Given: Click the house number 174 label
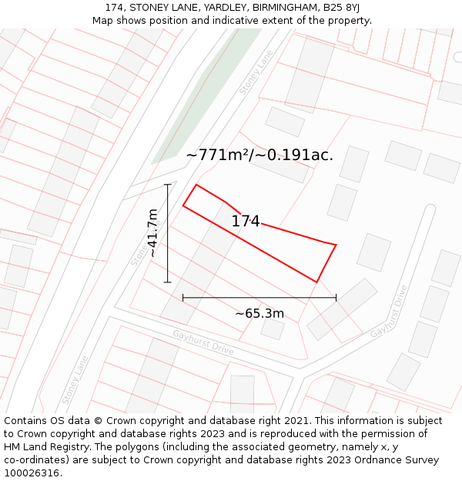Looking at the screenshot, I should pyautogui.click(x=246, y=222).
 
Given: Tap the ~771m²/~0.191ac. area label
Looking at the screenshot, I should pyautogui.click(x=259, y=155).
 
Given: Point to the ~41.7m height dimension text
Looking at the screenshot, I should pyautogui.click(x=152, y=232).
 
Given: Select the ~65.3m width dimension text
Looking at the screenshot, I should pyautogui.click(x=259, y=313).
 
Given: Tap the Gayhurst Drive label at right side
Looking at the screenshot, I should pyautogui.click(x=389, y=312).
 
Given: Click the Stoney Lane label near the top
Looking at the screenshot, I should pyautogui.click(x=256, y=73).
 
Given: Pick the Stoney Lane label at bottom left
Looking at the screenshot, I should pyautogui.click(x=75, y=379).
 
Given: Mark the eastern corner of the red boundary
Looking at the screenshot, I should pyautogui.click(x=336, y=245).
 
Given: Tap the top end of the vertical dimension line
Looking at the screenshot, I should pyautogui.click(x=168, y=185).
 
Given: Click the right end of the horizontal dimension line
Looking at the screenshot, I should pyautogui.click(x=336, y=297).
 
